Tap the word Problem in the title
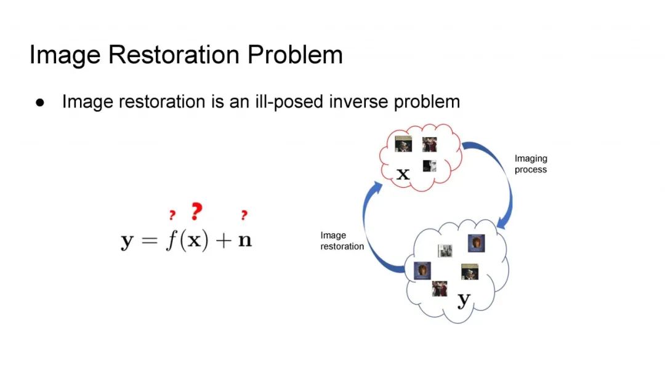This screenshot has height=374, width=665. [295, 55]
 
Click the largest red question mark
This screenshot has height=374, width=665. [196, 212]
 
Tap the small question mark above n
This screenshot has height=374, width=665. [244, 215]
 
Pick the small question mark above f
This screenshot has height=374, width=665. [172, 215]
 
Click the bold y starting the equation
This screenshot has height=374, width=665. [127, 242]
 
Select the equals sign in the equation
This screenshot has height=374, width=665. [149, 240]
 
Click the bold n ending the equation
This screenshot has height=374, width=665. [245, 241]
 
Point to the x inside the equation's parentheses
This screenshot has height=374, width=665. [193, 240]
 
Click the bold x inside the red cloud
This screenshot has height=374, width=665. [403, 173]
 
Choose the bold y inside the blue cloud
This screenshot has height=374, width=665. [464, 300]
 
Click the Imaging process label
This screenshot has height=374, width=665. [531, 164]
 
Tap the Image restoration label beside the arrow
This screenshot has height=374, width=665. [342, 241]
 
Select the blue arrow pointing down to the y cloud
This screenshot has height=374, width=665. [499, 185]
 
